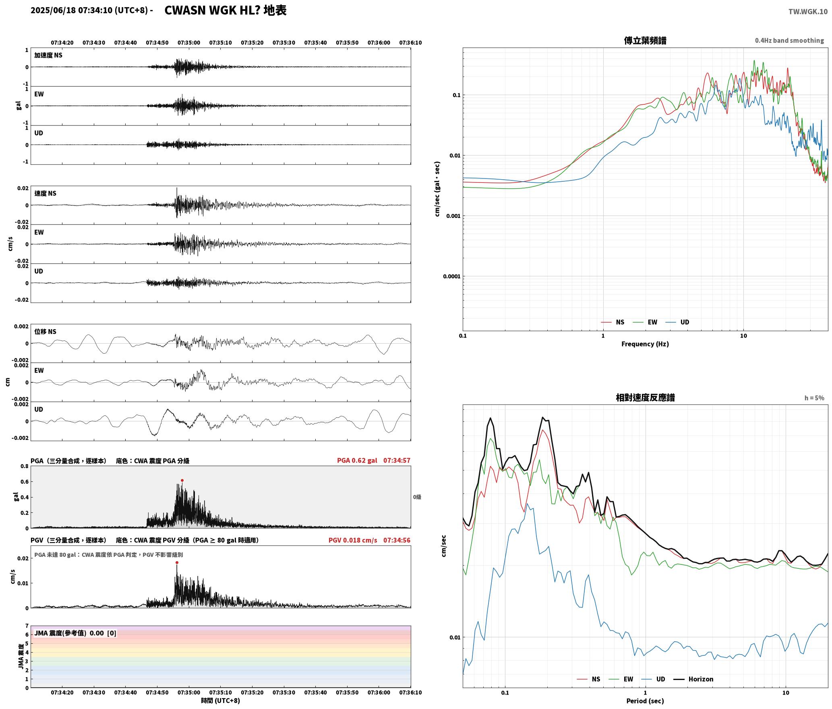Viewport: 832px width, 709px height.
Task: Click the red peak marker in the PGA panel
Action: pos(182,480)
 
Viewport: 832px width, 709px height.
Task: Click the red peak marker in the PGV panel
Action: pos(177,562)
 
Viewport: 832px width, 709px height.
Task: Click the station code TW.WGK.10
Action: pos(808,12)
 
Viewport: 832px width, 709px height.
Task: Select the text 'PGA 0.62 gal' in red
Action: pos(357,460)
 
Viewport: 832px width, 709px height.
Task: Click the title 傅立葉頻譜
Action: pos(645,40)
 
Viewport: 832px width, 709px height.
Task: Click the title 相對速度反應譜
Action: pos(645,398)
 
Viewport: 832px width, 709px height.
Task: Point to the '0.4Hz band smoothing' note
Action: pos(789,41)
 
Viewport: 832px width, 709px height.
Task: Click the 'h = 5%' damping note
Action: pos(814,398)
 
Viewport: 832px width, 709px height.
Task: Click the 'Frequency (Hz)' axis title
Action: pos(645,344)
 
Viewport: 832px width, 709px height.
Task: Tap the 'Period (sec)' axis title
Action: pos(645,701)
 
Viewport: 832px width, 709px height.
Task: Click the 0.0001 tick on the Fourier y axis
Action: pos(451,276)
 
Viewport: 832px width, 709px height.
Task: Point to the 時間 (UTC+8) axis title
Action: pos(220,701)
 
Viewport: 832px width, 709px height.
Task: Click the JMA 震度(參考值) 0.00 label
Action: pos(75,633)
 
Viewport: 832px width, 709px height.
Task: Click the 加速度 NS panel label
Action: pos(48,55)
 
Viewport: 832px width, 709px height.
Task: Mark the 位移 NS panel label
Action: pos(45,332)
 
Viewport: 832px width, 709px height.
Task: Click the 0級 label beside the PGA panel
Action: pos(417,497)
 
